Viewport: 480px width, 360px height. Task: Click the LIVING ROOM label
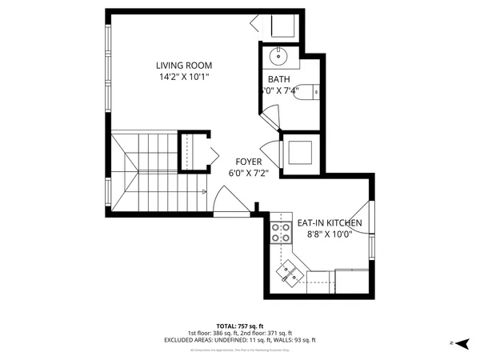(x=185, y=66)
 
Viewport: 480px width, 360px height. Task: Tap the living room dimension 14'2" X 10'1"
(x=185, y=78)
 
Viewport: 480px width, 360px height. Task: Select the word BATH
(x=278, y=78)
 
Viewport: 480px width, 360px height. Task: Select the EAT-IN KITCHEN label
(x=330, y=223)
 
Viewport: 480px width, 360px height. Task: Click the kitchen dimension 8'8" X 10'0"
(x=330, y=235)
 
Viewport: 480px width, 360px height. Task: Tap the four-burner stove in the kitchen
(x=280, y=232)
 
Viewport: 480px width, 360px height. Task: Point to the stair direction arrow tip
(x=206, y=191)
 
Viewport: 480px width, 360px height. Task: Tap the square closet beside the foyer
(x=301, y=151)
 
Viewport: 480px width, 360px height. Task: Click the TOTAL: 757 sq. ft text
(x=240, y=326)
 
